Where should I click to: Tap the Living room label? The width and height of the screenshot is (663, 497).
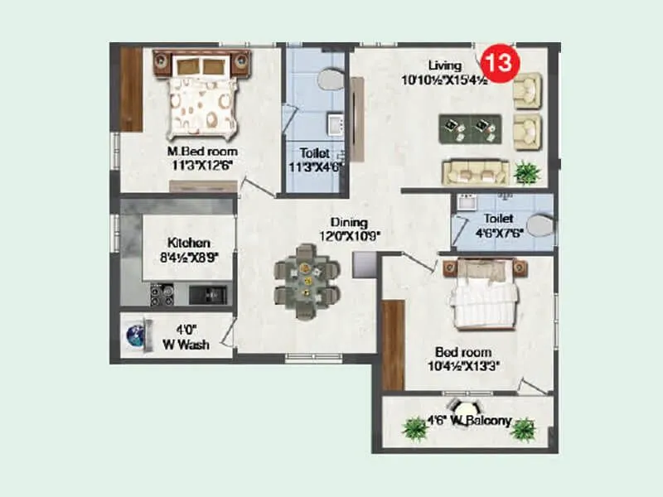tap(443, 65)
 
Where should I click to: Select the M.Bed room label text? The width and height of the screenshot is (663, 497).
tap(201, 152)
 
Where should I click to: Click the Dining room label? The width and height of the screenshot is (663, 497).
tap(344, 222)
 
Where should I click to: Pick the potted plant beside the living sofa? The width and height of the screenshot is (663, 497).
tap(526, 172)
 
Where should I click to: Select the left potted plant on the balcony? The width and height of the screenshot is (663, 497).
tap(414, 428)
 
